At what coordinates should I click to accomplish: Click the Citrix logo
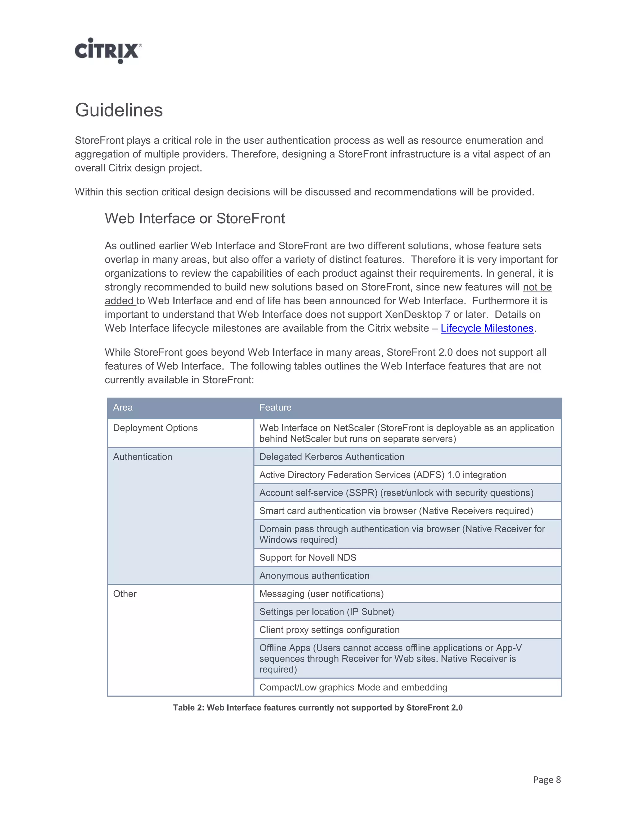pos(108,51)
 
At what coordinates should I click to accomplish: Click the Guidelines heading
pos(119,110)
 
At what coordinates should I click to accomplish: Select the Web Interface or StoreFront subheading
pos(194,218)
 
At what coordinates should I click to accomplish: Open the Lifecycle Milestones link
pos(487,328)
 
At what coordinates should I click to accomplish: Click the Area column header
pos(123,407)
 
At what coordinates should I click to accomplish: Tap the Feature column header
pos(275,407)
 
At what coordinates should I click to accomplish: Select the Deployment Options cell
pos(155,428)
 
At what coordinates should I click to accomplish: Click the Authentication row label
pos(143,457)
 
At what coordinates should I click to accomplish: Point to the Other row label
pos(125,594)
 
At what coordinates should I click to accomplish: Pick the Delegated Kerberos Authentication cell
pos(332,457)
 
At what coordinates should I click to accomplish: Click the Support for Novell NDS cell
pos(307,558)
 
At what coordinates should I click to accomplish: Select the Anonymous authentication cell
pos(314,576)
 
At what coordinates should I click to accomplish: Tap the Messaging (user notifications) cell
pos(321,594)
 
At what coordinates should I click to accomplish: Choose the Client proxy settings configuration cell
pos(329,630)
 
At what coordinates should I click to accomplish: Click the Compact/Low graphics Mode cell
pos(353,687)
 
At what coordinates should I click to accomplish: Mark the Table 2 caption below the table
pos(318,708)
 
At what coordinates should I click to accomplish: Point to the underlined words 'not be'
pos(537,287)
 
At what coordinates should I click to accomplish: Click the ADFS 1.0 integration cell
pos(382,475)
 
